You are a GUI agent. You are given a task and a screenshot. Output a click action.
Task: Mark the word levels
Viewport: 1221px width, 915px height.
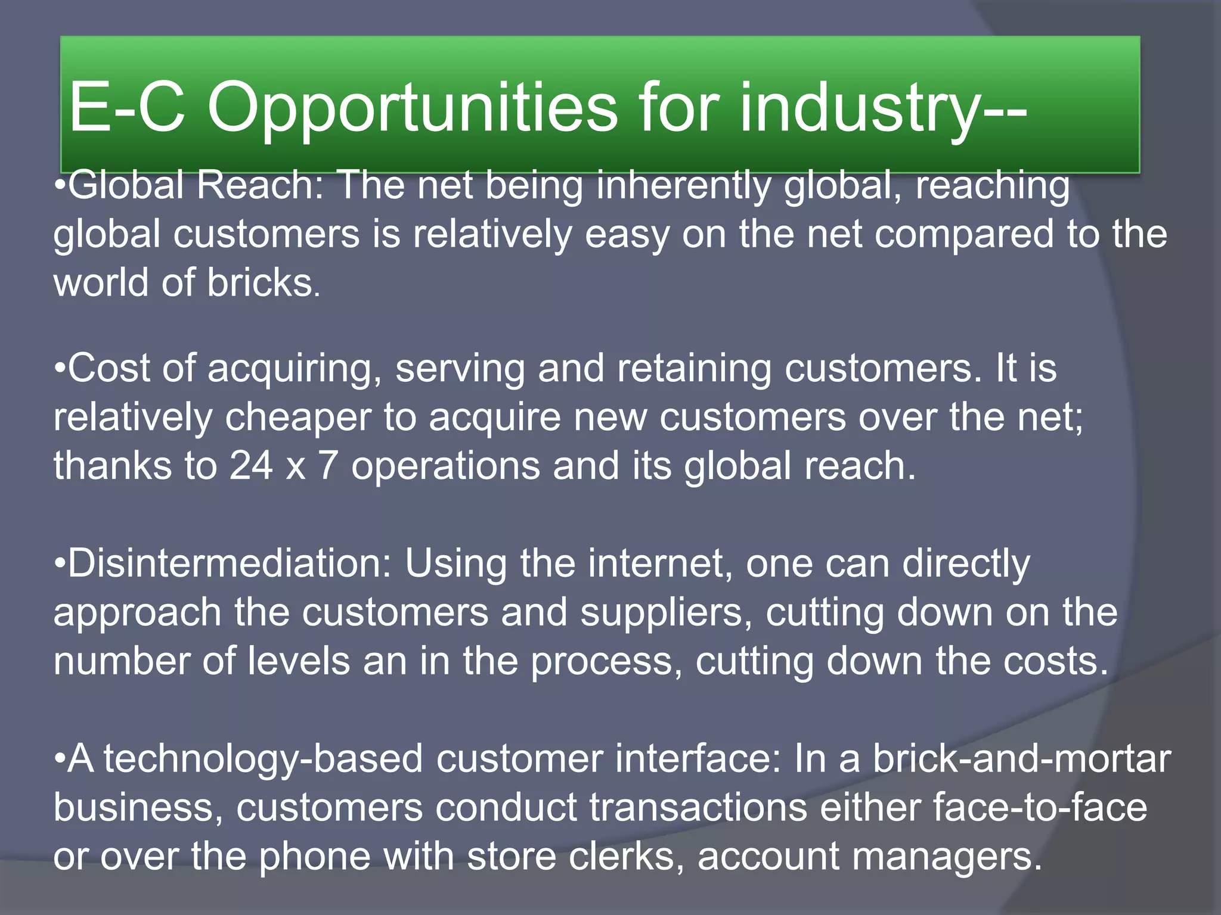pyautogui.click(x=299, y=661)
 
